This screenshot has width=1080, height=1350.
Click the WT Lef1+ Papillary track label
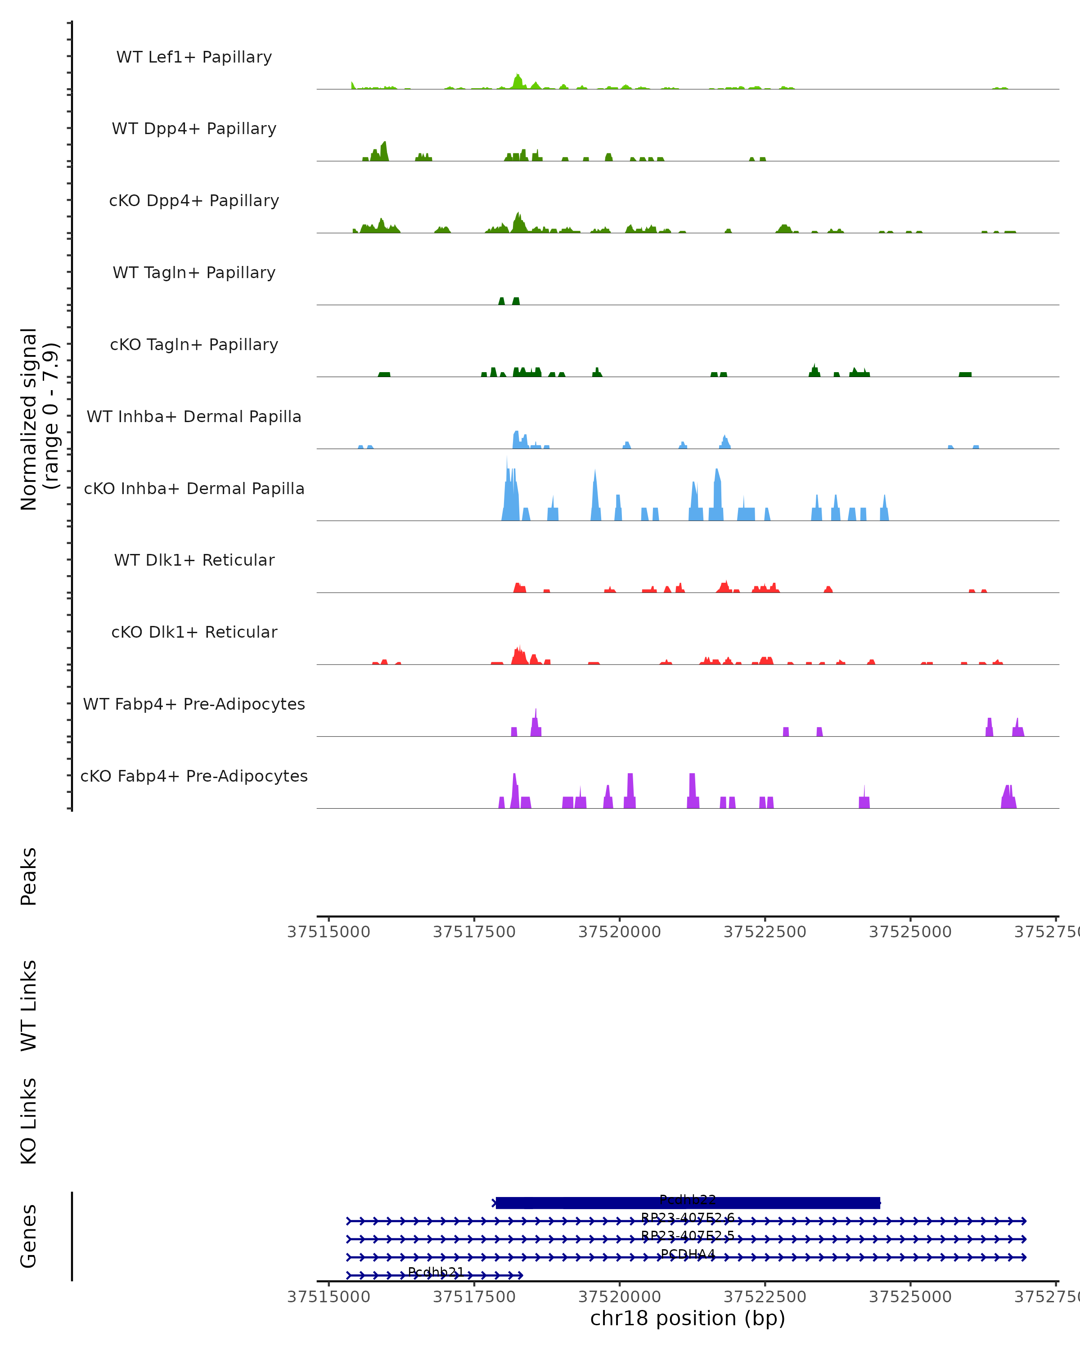click(194, 57)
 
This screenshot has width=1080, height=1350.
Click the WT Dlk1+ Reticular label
click(194, 560)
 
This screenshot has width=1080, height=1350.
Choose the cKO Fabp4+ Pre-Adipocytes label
click(194, 776)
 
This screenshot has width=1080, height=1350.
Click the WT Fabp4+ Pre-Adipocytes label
click(194, 704)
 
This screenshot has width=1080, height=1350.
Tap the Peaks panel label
click(29, 876)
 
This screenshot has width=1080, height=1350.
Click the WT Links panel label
click(29, 1005)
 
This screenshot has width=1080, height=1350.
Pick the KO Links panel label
click(29, 1121)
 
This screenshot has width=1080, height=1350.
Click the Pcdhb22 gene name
click(688, 1200)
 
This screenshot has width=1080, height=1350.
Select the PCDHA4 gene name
click(688, 1254)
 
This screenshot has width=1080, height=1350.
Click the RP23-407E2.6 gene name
click(688, 1218)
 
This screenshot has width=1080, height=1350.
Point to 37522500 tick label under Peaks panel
click(765, 932)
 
